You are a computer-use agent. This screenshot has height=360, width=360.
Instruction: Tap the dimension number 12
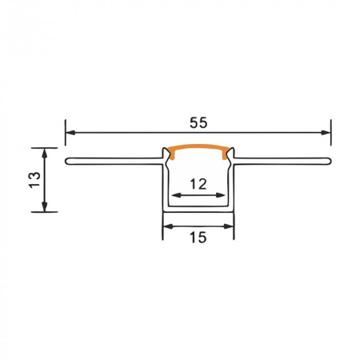pyautogui.click(x=198, y=184)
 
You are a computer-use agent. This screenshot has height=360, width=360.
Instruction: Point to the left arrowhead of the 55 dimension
pyautogui.click(x=70, y=131)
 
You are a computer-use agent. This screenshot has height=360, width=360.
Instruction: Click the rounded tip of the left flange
pyautogui.click(x=67, y=162)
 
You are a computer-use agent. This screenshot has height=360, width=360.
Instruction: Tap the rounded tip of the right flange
pyautogui.click(x=329, y=162)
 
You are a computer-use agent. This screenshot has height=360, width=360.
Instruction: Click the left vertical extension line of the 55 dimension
pyautogui.click(x=65, y=140)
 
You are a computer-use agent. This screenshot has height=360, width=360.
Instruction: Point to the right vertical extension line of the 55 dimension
pyautogui.click(x=331, y=140)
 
